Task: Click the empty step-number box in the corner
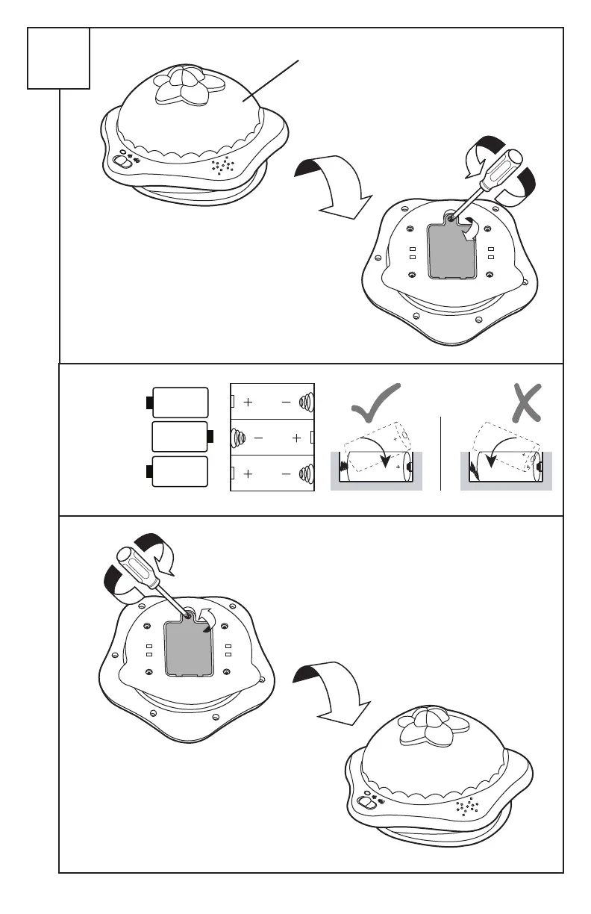[x=59, y=58]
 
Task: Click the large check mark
[x=374, y=408]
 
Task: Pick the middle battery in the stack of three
[x=180, y=436]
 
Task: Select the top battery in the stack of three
[x=179, y=402]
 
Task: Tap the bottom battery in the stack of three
[x=179, y=471]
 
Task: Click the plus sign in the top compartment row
[x=248, y=402]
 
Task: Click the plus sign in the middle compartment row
[x=297, y=438]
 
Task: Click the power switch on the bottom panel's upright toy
[x=368, y=801]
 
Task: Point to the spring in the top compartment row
[x=306, y=402]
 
